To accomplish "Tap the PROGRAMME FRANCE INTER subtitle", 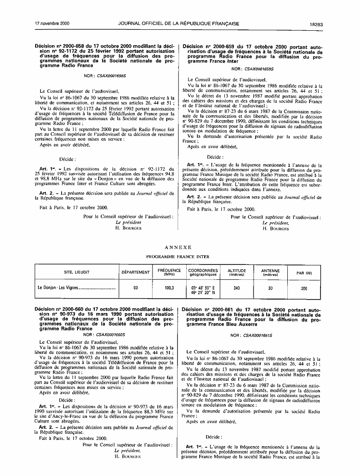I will [x=178, y=256].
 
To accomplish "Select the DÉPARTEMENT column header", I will [x=135, y=272].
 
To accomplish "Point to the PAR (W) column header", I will [x=304, y=273].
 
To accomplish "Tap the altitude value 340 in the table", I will [x=236, y=288].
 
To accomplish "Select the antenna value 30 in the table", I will [x=270, y=288].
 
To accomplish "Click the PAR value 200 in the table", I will [x=304, y=288].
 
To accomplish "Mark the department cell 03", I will [x=135, y=288].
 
